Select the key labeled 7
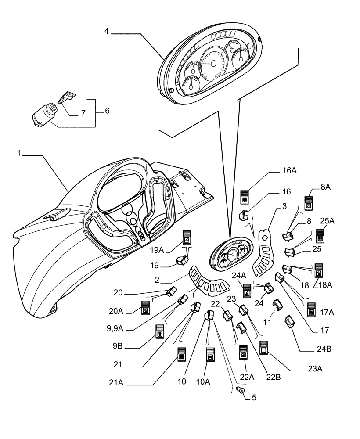pyautogui.click(x=65, y=97)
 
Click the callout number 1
pyautogui.click(x=19, y=153)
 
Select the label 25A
pyautogui.click(x=327, y=221)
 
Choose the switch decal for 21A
pyautogui.click(x=181, y=354)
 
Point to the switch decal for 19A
pyautogui.click(x=187, y=237)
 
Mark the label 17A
pyautogui.click(x=327, y=313)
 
